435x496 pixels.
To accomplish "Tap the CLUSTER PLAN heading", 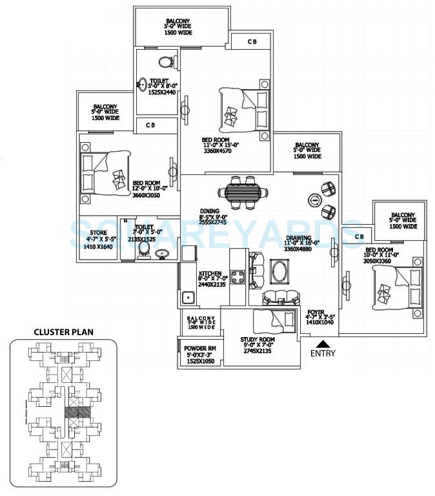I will pyautogui.click(x=63, y=332).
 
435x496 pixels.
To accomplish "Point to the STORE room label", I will pyautogui.click(x=98, y=232).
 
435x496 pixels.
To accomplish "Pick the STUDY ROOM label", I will pyautogui.click(x=258, y=340).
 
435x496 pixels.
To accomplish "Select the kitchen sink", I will pyautogui.click(x=189, y=298).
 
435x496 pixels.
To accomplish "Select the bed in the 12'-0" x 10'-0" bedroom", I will pyautogui.click(x=104, y=172).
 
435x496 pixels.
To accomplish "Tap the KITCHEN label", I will pyautogui.click(x=210, y=273).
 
